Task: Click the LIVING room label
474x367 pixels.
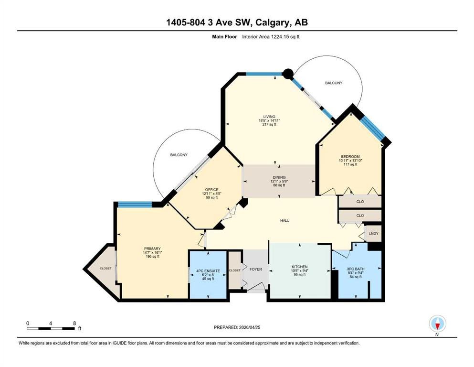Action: point(269,117)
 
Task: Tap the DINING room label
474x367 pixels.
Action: point(279,177)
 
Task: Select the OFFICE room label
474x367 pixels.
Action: point(211,190)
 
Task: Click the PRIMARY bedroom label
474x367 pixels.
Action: point(152,248)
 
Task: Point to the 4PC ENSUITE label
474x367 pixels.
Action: point(208,271)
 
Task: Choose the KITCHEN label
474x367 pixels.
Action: point(300,267)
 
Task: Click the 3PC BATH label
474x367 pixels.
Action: point(356,269)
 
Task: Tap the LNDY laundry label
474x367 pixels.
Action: point(374,233)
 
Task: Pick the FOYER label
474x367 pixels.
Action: point(256,269)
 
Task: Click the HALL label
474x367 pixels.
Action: point(284,221)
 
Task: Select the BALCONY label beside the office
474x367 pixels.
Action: point(179,155)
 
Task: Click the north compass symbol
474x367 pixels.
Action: point(437,324)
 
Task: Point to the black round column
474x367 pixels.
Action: point(288,74)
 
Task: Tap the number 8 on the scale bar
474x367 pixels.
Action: point(74,323)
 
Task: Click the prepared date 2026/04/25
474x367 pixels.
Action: point(249,327)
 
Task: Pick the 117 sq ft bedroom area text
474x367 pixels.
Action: point(350,164)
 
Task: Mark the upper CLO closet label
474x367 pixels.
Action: point(360,202)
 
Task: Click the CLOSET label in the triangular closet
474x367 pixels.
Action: point(105,269)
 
